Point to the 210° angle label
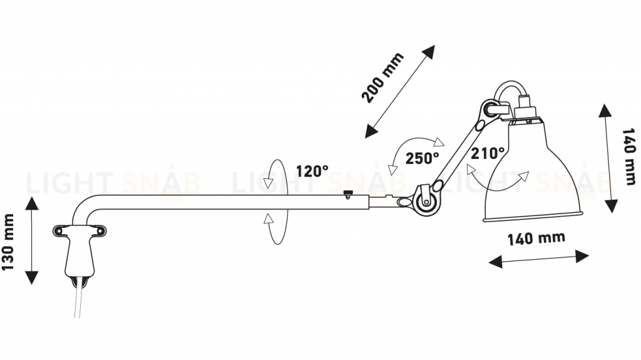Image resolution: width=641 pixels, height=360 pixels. pos(490,153)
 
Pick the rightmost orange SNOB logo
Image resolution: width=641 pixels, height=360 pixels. pos(575,183)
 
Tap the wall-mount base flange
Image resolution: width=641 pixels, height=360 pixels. pos(76,232)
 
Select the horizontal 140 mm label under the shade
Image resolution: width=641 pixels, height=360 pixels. pos(536,239)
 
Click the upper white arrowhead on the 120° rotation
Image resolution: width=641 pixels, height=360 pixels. pos(269,183)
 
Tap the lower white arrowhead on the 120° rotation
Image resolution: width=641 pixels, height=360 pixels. pos(269,219)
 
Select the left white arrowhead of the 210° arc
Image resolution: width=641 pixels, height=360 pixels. pos(470,169)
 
